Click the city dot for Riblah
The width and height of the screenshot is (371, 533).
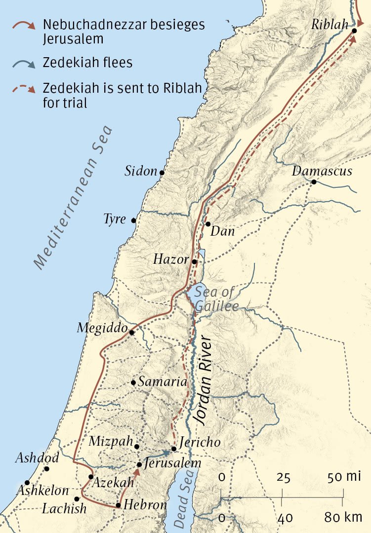pos(355,31)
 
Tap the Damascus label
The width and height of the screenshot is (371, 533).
pos(322,171)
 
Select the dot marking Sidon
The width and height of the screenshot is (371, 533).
pos(162,173)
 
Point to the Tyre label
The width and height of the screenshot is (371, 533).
pos(115,219)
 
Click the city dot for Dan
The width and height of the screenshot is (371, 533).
pos(208,224)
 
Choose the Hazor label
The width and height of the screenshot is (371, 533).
pos(170,259)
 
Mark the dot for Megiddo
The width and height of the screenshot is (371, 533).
pos(132,332)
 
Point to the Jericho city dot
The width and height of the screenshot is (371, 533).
pos(174,449)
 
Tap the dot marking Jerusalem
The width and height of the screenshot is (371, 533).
pos(140,464)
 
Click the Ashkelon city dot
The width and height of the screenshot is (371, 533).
pos(27,483)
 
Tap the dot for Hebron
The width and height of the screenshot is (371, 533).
pos(119,505)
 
